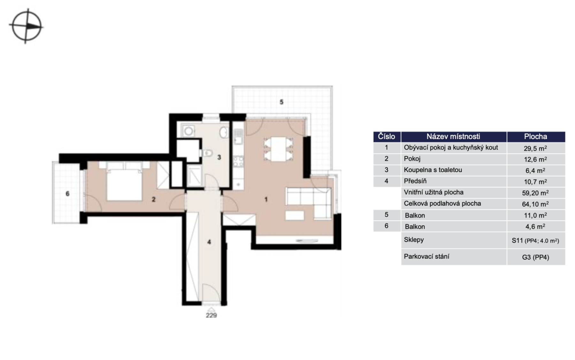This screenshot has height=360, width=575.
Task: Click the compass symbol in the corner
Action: [26, 26]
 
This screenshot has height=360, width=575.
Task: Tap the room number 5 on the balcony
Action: [281, 102]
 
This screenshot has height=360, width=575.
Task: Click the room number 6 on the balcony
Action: [67, 194]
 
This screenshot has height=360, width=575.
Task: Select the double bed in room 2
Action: [125, 182]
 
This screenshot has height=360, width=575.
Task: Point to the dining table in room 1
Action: [278, 149]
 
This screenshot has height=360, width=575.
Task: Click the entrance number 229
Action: [211, 315]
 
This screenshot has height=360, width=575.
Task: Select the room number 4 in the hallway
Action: [209, 242]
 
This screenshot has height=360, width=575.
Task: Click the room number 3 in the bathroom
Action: [219, 157]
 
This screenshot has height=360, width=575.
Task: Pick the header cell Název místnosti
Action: [454, 137]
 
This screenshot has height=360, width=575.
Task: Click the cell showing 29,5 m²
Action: [536, 148]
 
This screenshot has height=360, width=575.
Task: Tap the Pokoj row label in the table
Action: [412, 159]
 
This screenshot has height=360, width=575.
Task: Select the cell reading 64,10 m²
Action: [536, 204]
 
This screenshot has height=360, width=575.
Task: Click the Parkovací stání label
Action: [426, 256]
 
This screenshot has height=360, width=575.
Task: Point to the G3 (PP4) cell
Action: [536, 257]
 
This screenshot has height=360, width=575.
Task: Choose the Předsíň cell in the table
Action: [415, 181]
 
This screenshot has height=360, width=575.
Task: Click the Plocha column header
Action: [536, 137]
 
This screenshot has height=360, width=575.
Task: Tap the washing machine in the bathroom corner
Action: [189, 131]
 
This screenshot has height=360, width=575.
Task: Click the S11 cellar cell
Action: [536, 240]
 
